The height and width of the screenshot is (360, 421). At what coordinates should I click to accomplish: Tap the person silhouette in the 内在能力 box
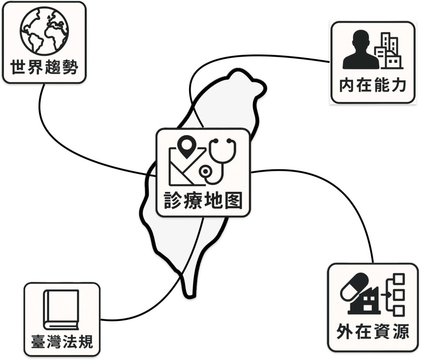click(x=360, y=50)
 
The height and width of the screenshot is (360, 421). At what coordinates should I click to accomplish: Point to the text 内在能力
click(x=372, y=85)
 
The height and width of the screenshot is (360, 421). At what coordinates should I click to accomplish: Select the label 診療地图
click(x=203, y=201)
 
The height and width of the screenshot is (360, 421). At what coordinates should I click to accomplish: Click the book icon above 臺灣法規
click(x=61, y=309)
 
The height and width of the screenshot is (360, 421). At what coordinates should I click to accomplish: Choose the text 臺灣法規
click(x=62, y=341)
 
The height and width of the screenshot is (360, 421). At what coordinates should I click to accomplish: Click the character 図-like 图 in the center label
click(x=234, y=201)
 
